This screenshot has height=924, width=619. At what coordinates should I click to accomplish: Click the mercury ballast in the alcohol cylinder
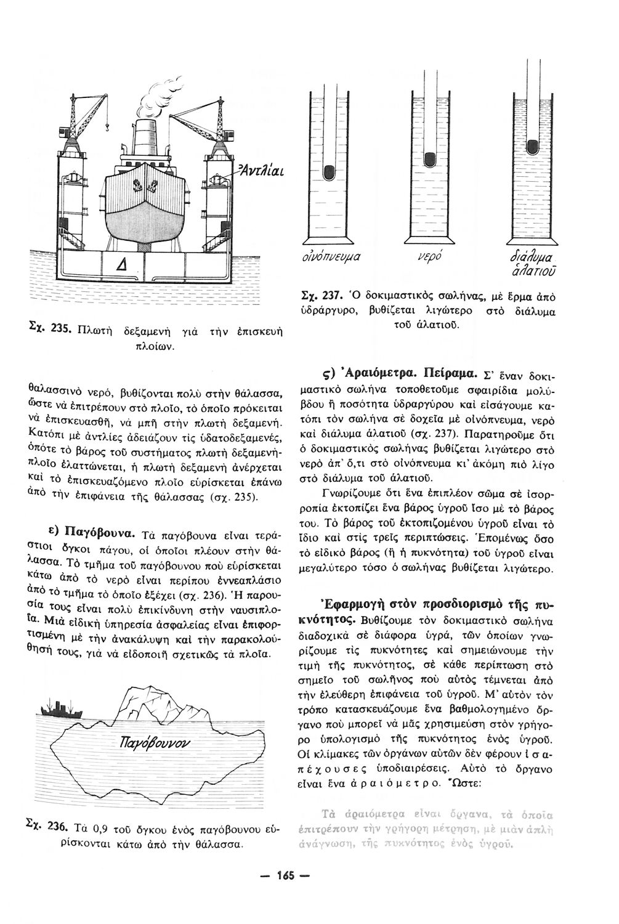(330, 172)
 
